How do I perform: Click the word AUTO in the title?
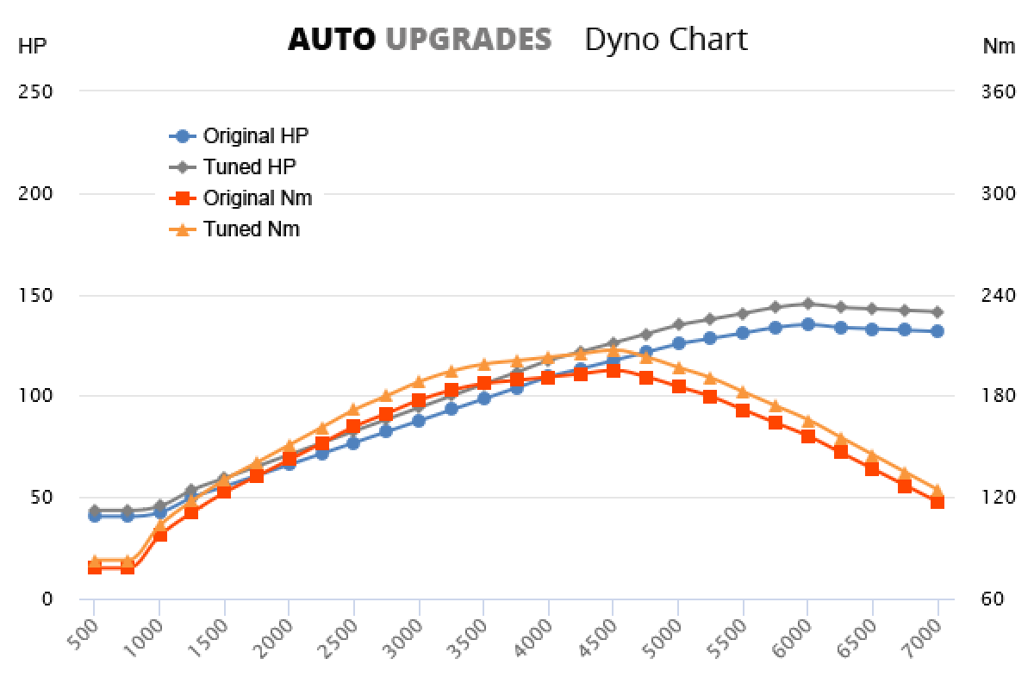click(x=331, y=39)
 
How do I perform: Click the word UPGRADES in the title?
click(x=468, y=39)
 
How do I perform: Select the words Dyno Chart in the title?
click(x=665, y=39)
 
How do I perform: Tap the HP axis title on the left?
click(x=32, y=47)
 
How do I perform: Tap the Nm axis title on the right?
click(x=999, y=47)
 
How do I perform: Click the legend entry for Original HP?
click(x=255, y=135)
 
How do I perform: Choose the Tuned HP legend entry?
click(x=249, y=166)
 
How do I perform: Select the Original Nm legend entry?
click(x=257, y=198)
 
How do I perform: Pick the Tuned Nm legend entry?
click(x=251, y=229)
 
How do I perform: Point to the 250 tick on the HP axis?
click(x=36, y=91)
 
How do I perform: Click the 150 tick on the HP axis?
click(x=36, y=295)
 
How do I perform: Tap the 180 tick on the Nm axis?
click(x=999, y=396)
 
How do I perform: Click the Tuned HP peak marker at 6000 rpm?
click(x=807, y=304)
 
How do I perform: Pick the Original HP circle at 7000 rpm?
click(x=937, y=331)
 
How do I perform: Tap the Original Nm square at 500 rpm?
click(x=94, y=568)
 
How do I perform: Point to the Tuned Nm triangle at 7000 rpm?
click(x=937, y=491)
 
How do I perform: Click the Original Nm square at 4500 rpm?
click(x=613, y=370)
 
